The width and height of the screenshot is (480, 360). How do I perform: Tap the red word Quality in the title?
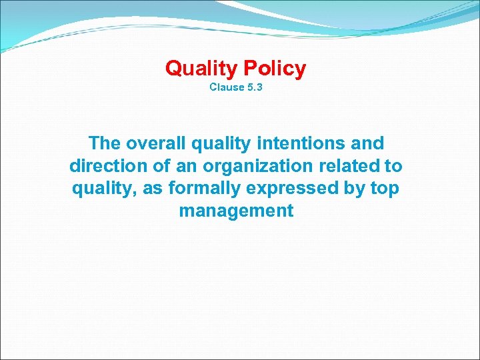click(x=202, y=68)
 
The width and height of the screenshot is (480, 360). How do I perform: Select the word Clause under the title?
click(x=227, y=87)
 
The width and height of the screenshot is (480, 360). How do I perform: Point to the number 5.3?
click(x=255, y=87)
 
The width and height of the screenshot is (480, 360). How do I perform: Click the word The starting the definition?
click(x=105, y=143)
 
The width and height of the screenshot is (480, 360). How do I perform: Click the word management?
click(x=236, y=212)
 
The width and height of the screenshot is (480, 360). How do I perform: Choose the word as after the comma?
click(x=154, y=189)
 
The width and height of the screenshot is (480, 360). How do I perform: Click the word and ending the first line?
click(x=367, y=143)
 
